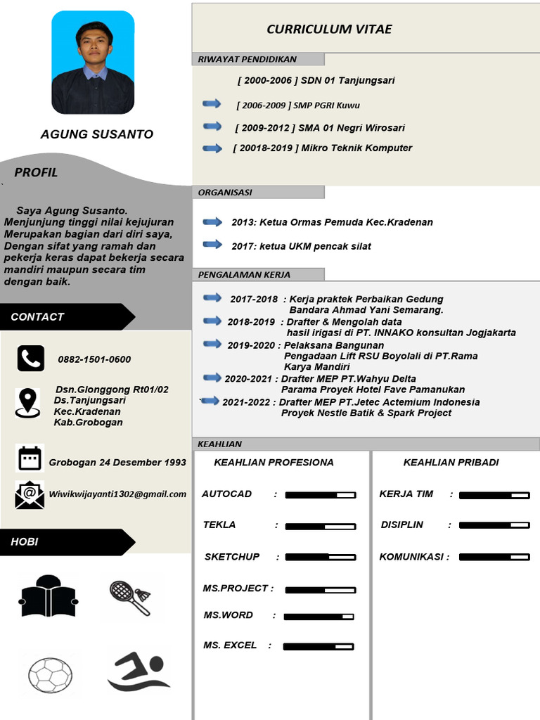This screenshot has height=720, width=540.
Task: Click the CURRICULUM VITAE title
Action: tap(329, 29)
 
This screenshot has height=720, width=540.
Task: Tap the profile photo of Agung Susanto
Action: tap(93, 63)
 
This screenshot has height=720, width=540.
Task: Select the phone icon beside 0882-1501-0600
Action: tap(30, 359)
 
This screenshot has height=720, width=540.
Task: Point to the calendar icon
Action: tap(30, 458)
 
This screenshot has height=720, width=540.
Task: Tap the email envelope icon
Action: tap(30, 494)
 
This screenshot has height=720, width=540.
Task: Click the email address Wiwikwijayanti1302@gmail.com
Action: tap(117, 494)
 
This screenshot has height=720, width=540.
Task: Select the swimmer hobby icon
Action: tap(138, 671)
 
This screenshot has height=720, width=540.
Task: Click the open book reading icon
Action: tap(47, 596)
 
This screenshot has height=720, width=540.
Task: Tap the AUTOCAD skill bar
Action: tap(320, 495)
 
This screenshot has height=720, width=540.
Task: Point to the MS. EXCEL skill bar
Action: tap(319, 646)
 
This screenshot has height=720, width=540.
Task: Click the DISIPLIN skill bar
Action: tap(494, 525)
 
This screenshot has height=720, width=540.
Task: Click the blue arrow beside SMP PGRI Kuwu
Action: tap(212, 104)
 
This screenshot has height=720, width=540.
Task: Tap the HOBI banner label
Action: tap(25, 541)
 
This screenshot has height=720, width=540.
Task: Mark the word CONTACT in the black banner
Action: tap(37, 316)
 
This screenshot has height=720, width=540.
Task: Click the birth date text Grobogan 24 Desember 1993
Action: tap(117, 462)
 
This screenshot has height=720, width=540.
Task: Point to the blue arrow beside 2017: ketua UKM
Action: tap(212, 245)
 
